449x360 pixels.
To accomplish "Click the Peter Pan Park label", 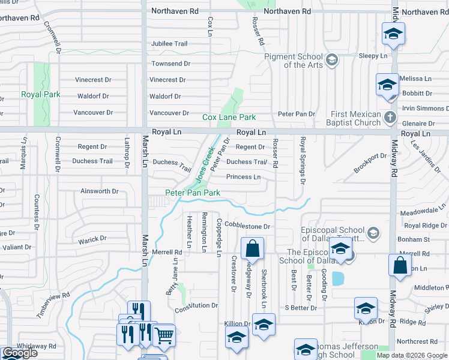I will [x=193, y=193].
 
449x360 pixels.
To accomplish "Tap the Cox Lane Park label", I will [x=229, y=117].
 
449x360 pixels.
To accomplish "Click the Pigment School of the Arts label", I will [x=294, y=61].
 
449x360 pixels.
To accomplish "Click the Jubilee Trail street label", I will [x=169, y=44].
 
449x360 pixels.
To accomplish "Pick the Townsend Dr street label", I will [x=170, y=64].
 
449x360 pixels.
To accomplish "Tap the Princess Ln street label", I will [x=243, y=177].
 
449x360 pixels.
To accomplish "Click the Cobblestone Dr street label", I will [x=247, y=227].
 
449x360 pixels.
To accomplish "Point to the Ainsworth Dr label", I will [x=100, y=191].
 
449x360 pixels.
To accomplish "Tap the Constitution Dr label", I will [x=196, y=305].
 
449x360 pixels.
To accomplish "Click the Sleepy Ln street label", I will [x=373, y=56].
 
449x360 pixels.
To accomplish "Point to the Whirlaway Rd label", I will [x=36, y=346].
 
